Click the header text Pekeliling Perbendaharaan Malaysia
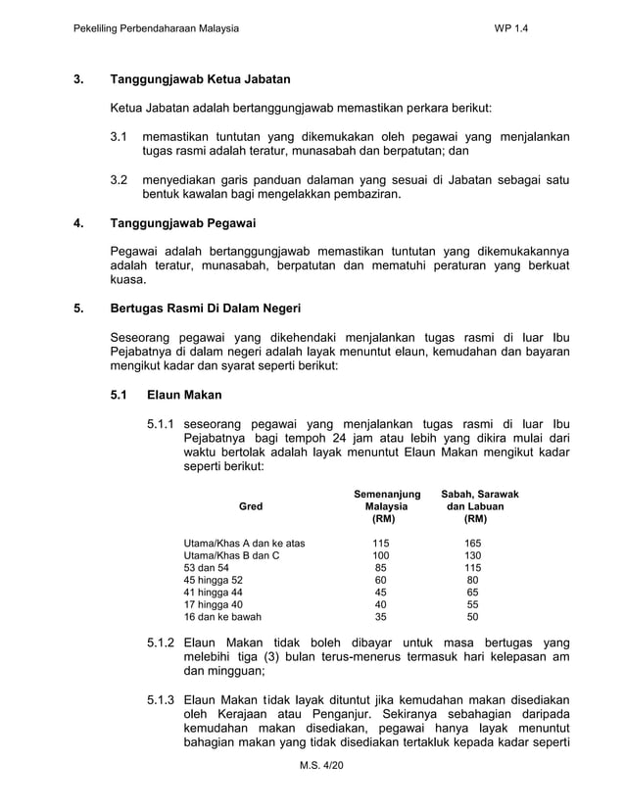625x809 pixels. [157, 28]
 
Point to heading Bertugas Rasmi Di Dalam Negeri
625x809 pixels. [205, 309]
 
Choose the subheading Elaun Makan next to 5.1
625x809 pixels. [184, 396]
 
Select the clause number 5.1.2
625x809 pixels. [161, 642]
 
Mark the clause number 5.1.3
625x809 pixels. [161, 701]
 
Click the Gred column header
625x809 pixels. [251, 506]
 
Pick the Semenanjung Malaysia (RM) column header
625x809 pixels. [387, 506]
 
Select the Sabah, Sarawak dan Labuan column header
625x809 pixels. [480, 506]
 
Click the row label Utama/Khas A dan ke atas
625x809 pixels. [245, 543]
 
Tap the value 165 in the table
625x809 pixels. [473, 543]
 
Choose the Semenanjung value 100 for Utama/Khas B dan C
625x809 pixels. [380, 555]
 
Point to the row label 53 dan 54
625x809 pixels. [207, 568]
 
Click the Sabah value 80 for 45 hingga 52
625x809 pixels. [473, 580]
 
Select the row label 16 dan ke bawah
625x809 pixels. [222, 617]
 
